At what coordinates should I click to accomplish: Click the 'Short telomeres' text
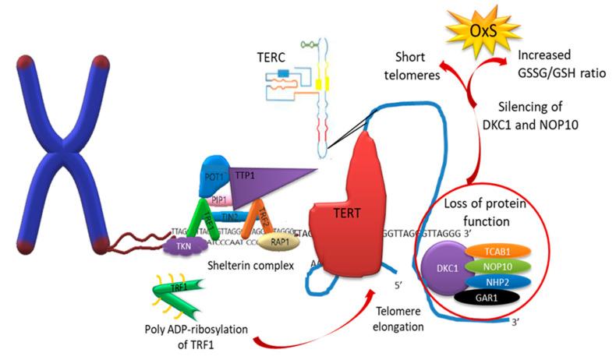(414, 67)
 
